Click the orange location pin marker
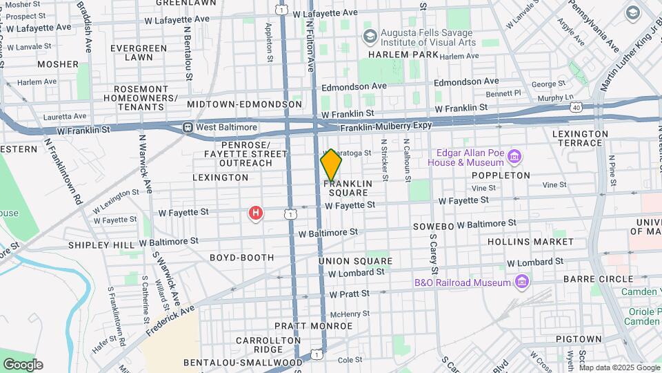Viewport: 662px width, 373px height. point(331,166)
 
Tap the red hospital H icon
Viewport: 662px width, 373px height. point(256,213)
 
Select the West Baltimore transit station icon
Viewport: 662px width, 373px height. point(188,128)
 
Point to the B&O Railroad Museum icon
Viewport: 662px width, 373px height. point(522,282)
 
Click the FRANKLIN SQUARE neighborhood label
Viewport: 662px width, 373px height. point(348,188)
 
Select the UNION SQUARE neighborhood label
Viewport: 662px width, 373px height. point(355,261)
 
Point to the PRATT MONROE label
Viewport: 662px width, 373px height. point(304,325)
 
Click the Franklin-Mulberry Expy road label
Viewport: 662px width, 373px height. point(394,127)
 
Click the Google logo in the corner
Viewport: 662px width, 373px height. point(23,364)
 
